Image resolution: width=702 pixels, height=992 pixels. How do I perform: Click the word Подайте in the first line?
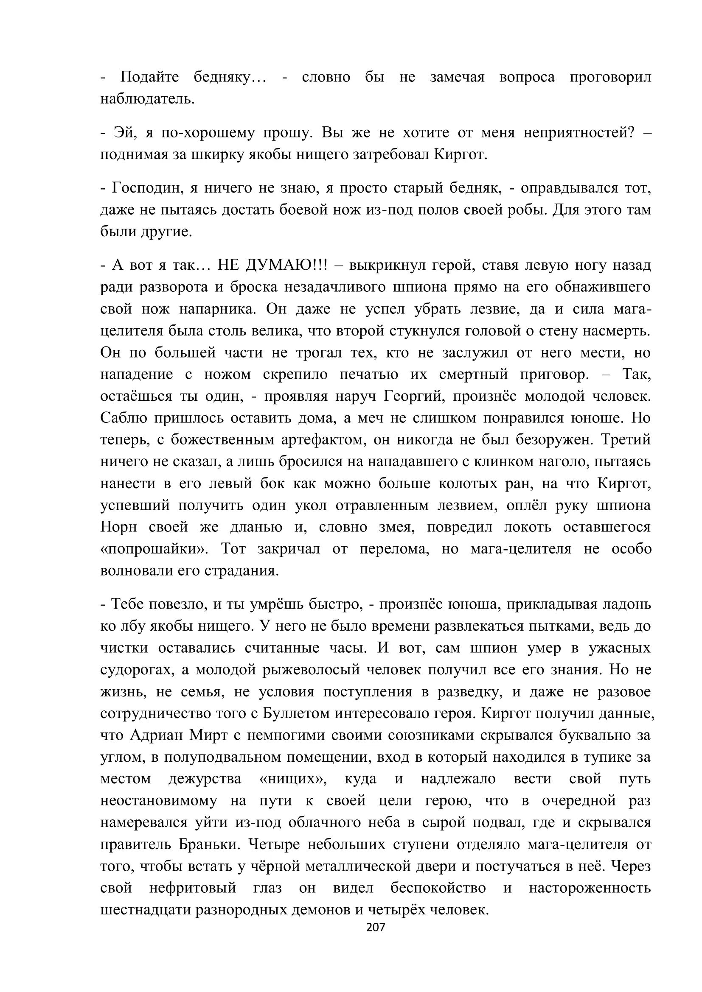[x=149, y=77]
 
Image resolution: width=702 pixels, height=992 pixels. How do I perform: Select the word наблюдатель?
[x=147, y=99]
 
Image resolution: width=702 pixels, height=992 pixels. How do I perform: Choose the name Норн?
[x=118, y=527]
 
